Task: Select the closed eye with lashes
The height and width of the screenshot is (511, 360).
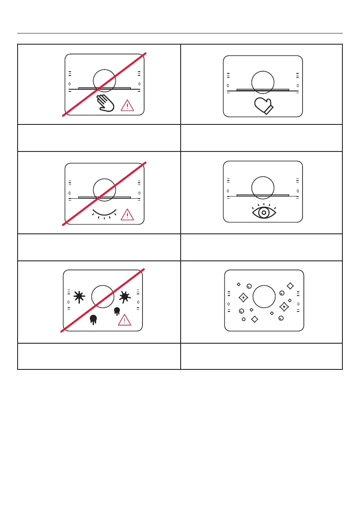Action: (x=104, y=212)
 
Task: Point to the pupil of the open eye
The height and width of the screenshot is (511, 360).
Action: (x=263, y=212)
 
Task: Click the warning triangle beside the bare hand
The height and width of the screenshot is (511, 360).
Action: (x=127, y=105)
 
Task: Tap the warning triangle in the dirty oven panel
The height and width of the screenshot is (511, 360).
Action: (x=125, y=320)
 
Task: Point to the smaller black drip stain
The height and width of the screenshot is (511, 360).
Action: (x=116, y=311)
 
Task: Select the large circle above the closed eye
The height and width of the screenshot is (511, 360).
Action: (x=104, y=188)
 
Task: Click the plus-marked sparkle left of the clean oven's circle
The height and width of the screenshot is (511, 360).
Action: (x=243, y=297)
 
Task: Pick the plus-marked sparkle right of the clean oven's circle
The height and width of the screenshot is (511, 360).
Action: (x=284, y=307)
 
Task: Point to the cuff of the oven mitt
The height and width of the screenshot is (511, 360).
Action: (x=269, y=110)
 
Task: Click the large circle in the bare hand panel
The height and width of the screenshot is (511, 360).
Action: (x=104, y=80)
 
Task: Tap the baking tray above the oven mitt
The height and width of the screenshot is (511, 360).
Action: (x=263, y=90)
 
